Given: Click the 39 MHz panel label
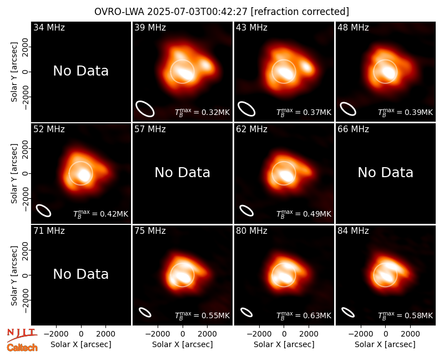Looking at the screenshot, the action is tap(150, 27).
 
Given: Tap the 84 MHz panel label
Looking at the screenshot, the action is tap(353, 231).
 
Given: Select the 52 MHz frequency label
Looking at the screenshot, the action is tap(49, 129).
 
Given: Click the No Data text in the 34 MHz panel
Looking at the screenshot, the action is tap(80, 71).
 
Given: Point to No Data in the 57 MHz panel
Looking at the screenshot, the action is tap(183, 172).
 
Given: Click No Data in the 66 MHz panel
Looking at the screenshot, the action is tap(385, 172).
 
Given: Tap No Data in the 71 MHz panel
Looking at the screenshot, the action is tap(80, 274).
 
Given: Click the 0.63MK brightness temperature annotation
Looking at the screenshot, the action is tap(304, 315).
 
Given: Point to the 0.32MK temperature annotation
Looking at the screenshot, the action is tap(202, 112).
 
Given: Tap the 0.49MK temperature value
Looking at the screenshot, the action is tap(304, 214).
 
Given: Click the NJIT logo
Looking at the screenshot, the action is tap(22, 334).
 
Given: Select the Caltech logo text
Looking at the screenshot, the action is tap(22, 348).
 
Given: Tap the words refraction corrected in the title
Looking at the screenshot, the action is tap(300, 12).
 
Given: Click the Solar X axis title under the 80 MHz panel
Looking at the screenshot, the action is tap(284, 344).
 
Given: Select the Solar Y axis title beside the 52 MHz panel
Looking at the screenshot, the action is tap(14, 173).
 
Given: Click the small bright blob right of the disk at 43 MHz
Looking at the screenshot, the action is tap(307, 67).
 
